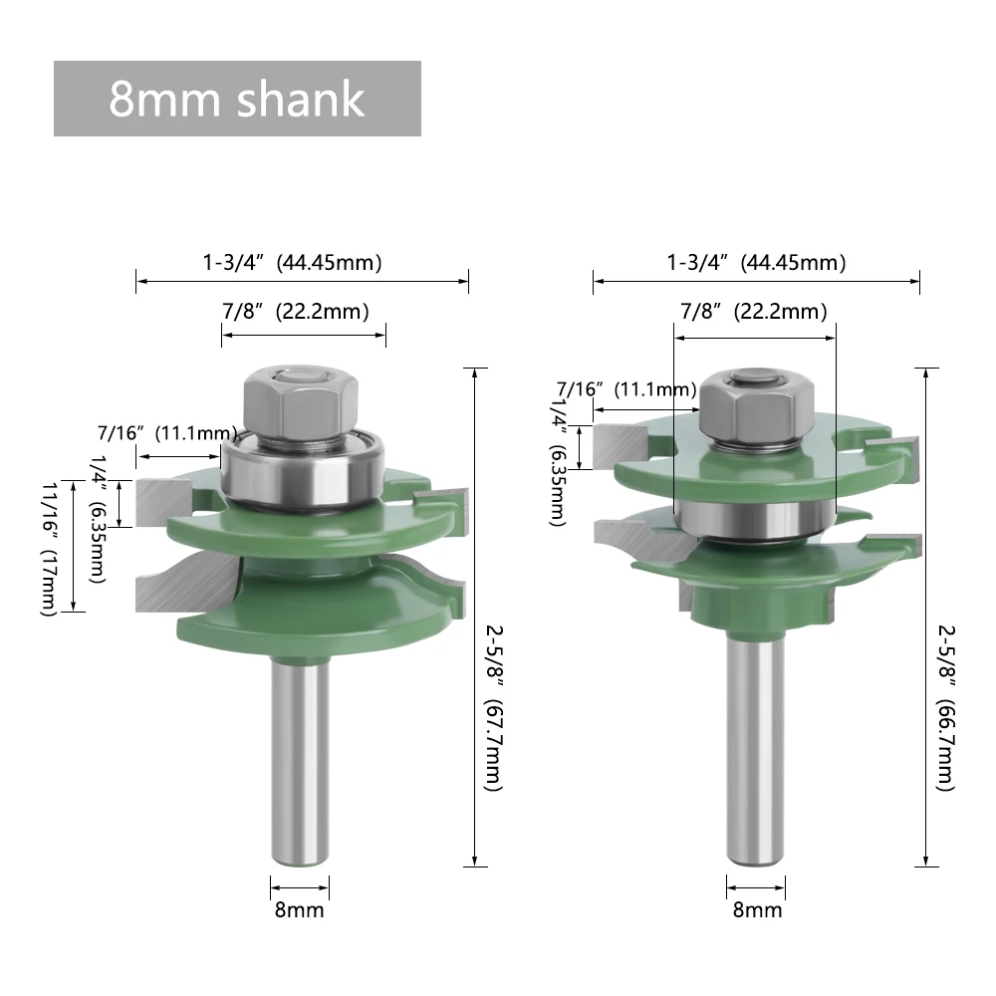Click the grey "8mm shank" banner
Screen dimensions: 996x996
pos(237,99)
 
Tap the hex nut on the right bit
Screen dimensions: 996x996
pos(757,406)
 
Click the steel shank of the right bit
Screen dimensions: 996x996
pos(756,750)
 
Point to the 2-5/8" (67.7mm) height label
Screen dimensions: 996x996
pos(494,707)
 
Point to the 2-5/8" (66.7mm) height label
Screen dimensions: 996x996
pos(946,707)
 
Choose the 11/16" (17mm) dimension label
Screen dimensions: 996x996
pos(50,549)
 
